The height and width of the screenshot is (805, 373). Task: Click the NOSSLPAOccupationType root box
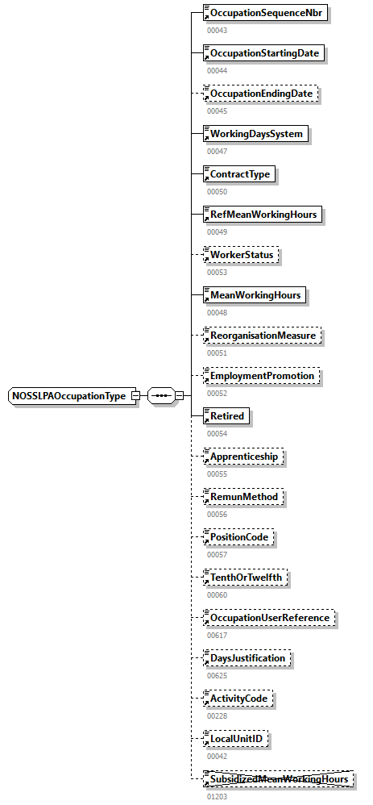74,396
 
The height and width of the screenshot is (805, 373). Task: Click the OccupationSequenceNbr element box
267,13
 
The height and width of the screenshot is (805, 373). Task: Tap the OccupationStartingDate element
265,53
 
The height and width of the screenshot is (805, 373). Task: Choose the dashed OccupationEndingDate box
261,94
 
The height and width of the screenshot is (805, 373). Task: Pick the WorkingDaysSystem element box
256,134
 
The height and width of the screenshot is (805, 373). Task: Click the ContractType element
239,174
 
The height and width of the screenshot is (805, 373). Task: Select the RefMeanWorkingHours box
262,215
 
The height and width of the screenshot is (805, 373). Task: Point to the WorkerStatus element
242,255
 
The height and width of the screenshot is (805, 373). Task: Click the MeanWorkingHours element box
255,295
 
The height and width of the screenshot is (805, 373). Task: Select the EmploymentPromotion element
261,376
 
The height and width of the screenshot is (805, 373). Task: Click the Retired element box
226,416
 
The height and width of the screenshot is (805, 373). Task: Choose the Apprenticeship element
243,457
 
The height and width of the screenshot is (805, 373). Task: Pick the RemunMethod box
242,497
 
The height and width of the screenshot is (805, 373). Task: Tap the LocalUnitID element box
235,739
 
